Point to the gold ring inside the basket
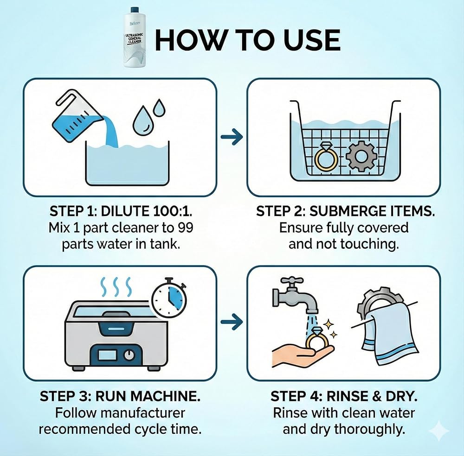click(327, 158)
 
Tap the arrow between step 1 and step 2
click(232, 137)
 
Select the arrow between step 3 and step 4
click(232, 322)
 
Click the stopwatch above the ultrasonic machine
click(169, 297)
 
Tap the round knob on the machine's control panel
click(129, 355)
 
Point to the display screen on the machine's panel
click(108, 355)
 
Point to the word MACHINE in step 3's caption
click(166, 396)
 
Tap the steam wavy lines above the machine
click(116, 287)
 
